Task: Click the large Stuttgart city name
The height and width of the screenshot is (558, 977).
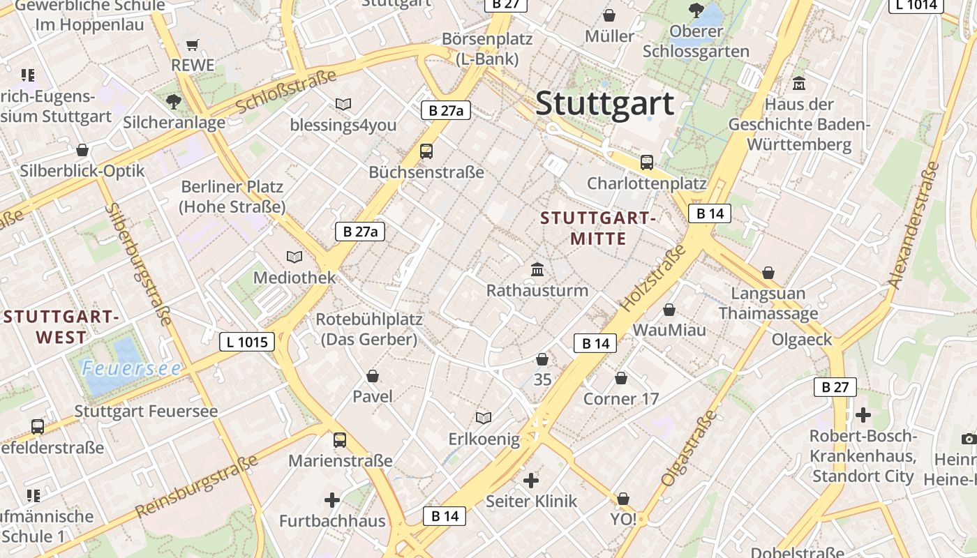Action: pyautogui.click(x=604, y=103)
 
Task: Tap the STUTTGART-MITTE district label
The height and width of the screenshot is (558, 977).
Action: pyautogui.click(x=598, y=228)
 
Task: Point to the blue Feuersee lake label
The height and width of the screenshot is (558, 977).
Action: pyautogui.click(x=131, y=368)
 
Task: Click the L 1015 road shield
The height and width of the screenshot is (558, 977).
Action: pyautogui.click(x=247, y=342)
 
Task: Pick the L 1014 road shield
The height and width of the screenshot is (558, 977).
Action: pyautogui.click(x=916, y=5)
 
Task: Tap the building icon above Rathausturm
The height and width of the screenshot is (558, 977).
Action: pyautogui.click(x=538, y=269)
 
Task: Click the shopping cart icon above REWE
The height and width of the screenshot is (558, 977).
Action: pyautogui.click(x=193, y=45)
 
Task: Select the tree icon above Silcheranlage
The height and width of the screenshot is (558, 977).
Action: pyautogui.click(x=174, y=103)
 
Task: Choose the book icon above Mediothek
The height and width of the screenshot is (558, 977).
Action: pyautogui.click(x=294, y=257)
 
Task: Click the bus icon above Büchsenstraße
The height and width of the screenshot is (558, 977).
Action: pyautogui.click(x=426, y=151)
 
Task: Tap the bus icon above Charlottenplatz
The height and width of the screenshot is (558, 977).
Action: pyautogui.click(x=647, y=163)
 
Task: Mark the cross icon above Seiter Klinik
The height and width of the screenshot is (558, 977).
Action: pyautogui.click(x=531, y=480)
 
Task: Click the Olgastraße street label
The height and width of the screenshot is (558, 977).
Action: pyautogui.click(x=689, y=448)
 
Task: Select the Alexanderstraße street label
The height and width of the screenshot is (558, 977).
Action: pyautogui.click(x=913, y=225)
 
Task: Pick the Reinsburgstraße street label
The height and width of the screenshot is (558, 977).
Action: pyautogui.click(x=197, y=486)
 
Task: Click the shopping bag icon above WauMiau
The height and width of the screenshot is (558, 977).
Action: pyautogui.click(x=669, y=309)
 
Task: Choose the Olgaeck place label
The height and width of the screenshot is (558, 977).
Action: pyautogui.click(x=802, y=340)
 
